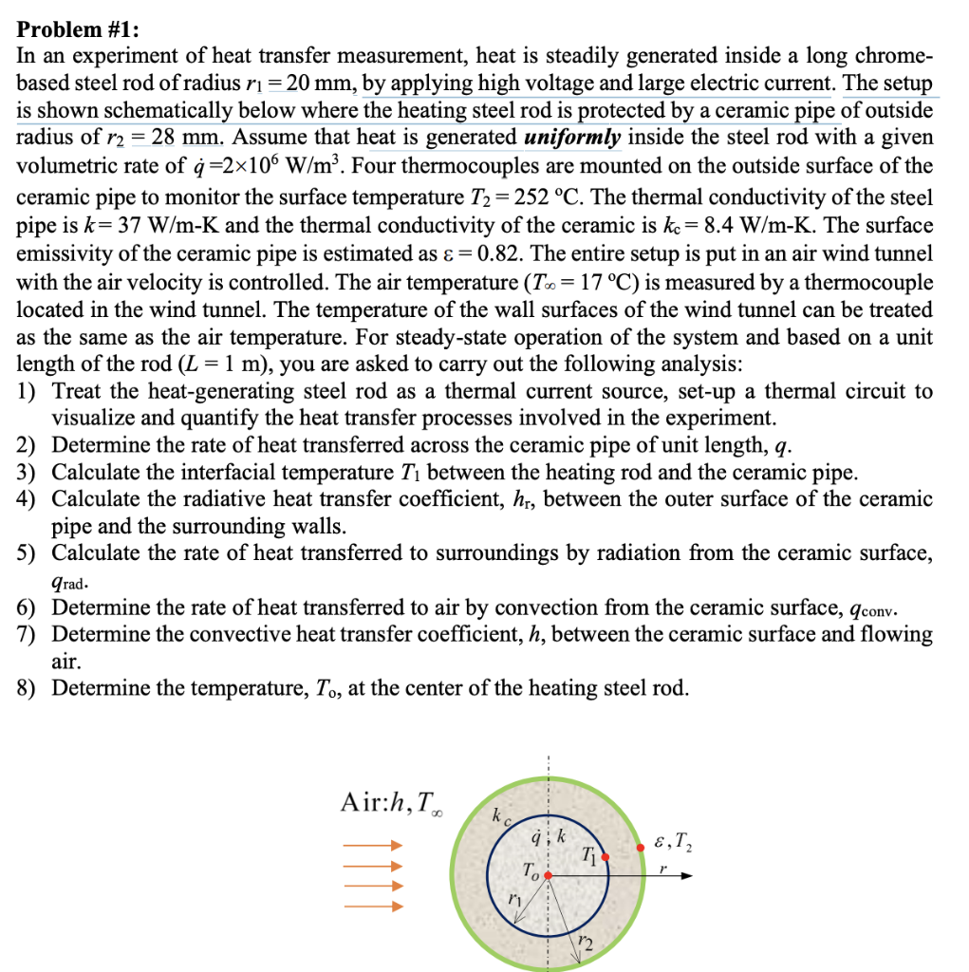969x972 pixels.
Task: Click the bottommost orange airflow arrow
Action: pos(374,907)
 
